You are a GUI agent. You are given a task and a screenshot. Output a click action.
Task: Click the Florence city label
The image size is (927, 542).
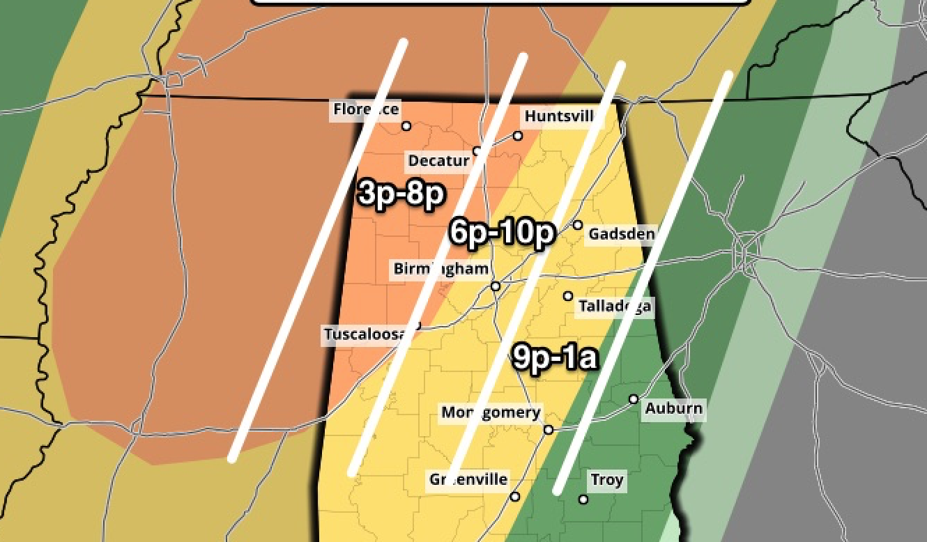pos(366,109)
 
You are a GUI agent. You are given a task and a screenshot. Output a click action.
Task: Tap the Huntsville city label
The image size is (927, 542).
pos(560,116)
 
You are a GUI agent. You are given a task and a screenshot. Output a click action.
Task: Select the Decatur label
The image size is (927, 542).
pos(438,161)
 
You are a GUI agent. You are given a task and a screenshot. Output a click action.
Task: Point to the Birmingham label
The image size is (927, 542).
pos(440,269)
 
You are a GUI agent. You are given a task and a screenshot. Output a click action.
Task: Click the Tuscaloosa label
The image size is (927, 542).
pos(365,334)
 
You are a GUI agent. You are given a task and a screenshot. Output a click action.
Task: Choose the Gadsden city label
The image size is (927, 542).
pos(621,233)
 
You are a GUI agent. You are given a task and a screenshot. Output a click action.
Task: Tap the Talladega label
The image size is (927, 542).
pos(615,306)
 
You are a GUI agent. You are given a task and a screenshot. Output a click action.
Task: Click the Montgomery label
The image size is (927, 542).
pos(491,412)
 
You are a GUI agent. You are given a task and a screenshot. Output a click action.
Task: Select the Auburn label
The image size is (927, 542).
pos(673,408)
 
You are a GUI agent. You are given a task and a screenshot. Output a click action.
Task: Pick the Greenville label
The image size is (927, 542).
pos(468,479)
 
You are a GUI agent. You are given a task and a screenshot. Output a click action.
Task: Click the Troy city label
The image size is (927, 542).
pos(606,480)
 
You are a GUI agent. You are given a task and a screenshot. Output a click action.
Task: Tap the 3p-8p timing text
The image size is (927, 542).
pos(401,193)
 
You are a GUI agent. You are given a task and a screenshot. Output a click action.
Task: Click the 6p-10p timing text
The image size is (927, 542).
pos(502,232)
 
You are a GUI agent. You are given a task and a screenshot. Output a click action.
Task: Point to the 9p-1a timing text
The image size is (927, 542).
pos(556,357)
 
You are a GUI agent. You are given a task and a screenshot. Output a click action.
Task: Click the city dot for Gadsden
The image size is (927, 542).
pos(578,224)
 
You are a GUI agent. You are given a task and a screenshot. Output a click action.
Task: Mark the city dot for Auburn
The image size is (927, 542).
pos(634,399)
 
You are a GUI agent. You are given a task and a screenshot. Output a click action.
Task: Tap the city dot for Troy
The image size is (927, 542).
pos(583,499)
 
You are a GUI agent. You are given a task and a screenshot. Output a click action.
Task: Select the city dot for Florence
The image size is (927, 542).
pos(406,126)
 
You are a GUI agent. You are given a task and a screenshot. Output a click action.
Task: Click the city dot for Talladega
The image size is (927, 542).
pos(568,296)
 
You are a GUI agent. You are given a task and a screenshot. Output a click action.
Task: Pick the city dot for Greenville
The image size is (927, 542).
pos(515,497)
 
